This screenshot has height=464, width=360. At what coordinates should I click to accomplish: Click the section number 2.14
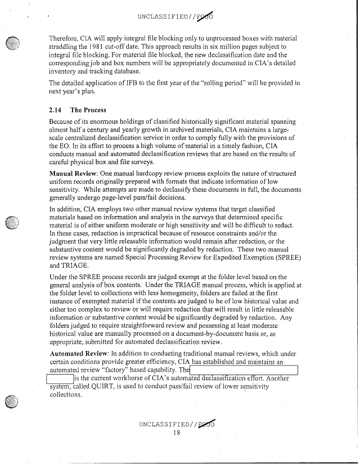(56, 110)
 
